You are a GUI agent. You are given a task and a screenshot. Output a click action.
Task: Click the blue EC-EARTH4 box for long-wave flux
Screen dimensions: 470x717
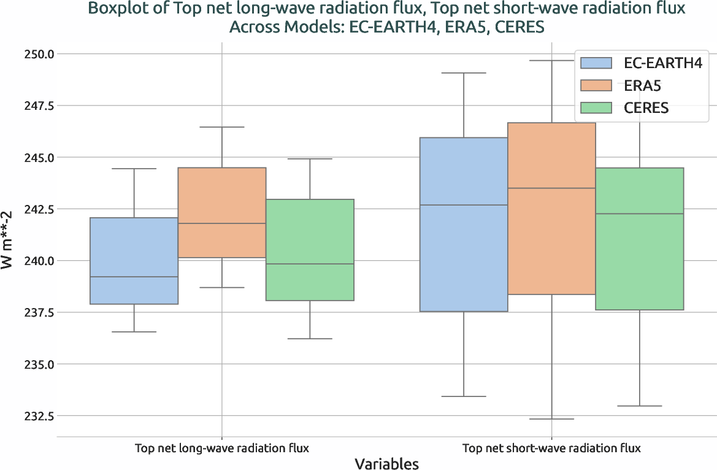pos(134,261)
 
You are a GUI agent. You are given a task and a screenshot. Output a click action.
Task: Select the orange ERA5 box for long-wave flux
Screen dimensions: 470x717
pos(221,212)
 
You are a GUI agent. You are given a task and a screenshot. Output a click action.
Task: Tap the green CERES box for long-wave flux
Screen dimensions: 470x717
pos(309,250)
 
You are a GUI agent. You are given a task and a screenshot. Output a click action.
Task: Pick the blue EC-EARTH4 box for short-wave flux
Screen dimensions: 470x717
pos(464,224)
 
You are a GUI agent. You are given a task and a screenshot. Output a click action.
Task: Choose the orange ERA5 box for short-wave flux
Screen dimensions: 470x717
pos(551,209)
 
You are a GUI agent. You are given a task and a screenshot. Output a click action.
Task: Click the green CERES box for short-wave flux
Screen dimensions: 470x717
pos(639,239)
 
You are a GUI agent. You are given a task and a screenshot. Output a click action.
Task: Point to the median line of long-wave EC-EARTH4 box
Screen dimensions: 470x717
pos(134,277)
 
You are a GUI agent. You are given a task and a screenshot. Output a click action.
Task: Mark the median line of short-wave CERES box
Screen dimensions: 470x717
pos(639,214)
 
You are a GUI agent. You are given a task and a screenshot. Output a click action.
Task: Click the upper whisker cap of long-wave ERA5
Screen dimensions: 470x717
pos(221,127)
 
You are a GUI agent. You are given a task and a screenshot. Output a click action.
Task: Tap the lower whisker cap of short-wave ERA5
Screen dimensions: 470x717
pos(551,419)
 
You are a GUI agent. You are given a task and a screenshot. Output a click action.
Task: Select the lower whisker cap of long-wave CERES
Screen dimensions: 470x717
pos(309,339)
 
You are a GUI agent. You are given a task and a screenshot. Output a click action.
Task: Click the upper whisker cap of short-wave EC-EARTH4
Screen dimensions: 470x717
pos(464,73)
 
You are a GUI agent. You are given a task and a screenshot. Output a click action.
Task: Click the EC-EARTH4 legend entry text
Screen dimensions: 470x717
pos(662,63)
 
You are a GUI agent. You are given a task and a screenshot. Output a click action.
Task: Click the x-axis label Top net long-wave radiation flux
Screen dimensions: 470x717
pos(221,448)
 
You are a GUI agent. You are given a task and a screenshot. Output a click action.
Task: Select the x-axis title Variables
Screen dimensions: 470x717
pos(386,463)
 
